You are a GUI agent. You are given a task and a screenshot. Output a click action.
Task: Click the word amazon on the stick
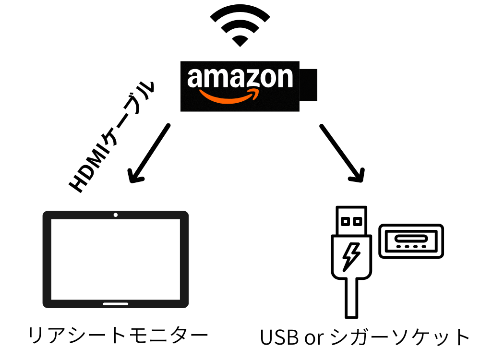[x=240, y=78]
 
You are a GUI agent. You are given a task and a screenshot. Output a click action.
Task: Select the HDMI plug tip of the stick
[x=309, y=85]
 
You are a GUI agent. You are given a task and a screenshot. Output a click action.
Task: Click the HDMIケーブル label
[x=113, y=137]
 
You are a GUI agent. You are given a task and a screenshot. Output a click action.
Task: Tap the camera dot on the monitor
[x=116, y=215]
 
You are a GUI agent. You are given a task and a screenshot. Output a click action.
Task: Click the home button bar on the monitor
[x=116, y=304]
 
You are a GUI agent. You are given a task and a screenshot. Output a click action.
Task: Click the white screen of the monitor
[x=116, y=259]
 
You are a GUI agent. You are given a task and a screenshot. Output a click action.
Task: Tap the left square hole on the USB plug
[x=345, y=222]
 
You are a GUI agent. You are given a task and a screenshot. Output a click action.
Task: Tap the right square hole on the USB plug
[x=357, y=222]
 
